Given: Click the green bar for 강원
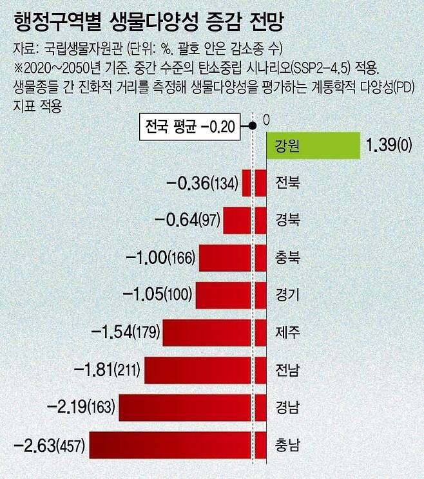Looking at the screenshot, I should (x=313, y=146).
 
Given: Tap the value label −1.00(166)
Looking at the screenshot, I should (x=161, y=259).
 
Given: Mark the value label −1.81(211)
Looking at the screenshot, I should (x=108, y=370).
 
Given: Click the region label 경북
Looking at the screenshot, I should (x=287, y=221).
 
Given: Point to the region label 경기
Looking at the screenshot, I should (x=287, y=296).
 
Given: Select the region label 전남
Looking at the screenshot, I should (x=287, y=370).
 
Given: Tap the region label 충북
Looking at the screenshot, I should (x=287, y=258).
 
